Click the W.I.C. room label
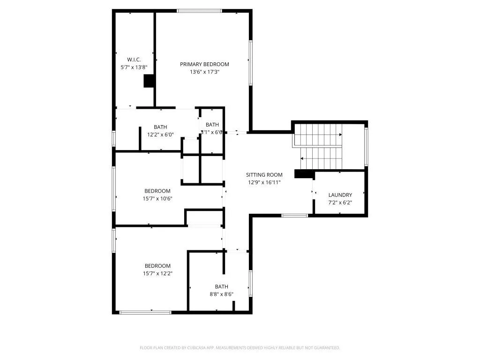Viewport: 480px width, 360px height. click(x=134, y=60)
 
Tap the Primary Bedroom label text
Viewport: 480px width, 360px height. click(x=204, y=64)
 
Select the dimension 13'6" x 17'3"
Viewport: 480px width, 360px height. click(x=204, y=72)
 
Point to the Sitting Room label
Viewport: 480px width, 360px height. click(x=264, y=175)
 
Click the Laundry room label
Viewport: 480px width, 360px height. click(x=340, y=195)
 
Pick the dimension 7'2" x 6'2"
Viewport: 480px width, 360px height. click(x=340, y=202)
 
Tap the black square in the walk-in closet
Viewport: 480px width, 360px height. click(x=149, y=81)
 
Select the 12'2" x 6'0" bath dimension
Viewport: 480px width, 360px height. click(x=160, y=135)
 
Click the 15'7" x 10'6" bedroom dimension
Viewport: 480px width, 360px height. click(x=157, y=199)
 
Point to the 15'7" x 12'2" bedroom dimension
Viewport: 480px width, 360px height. click(x=157, y=273)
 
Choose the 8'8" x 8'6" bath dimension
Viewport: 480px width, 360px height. click(x=221, y=294)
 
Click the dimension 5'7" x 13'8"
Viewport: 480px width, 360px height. click(x=134, y=67)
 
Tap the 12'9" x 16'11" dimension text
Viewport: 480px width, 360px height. click(x=264, y=182)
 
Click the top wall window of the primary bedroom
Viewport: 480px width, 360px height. click(x=199, y=11)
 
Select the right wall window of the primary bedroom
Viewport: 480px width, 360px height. click(x=251, y=63)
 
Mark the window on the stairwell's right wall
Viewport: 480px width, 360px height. click(x=366, y=147)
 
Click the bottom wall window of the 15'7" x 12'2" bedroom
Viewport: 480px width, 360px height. click(x=146, y=312)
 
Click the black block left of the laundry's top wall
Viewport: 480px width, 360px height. click(x=304, y=174)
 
